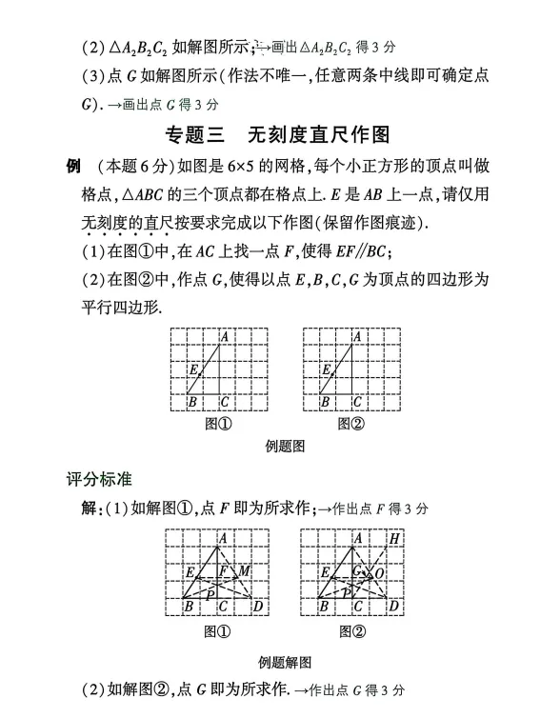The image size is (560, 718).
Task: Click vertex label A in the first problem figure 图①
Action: tap(224, 336)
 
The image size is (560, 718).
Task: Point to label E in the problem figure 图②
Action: tap(327, 369)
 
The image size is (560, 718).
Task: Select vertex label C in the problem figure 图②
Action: tap(357, 402)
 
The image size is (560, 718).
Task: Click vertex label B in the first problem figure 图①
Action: tap(191, 402)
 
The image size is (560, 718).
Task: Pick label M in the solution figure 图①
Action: tap(244, 571)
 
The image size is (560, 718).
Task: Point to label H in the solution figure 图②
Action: tap(393, 539)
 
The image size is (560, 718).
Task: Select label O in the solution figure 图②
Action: tap(379, 573)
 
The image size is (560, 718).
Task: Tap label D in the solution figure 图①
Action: tap(257, 606)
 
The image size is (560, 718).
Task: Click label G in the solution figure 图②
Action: tap(357, 571)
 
